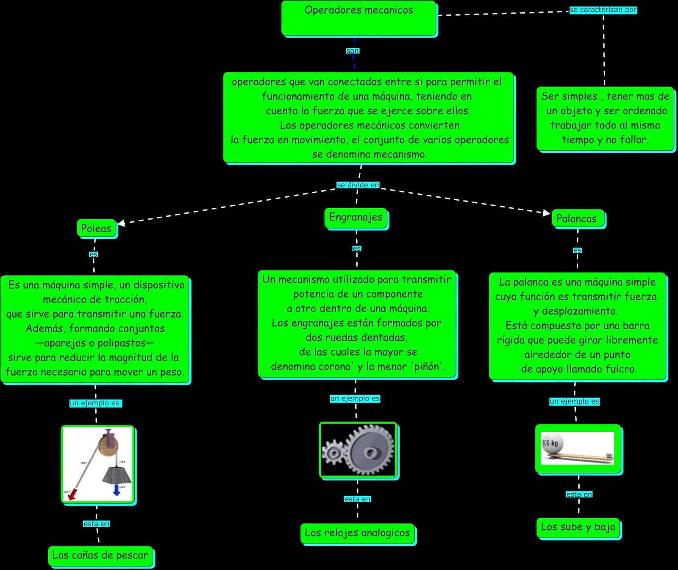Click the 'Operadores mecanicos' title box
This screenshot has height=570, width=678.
click(x=359, y=18)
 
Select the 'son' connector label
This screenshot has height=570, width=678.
click(x=352, y=51)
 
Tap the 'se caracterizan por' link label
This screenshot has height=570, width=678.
click(x=603, y=10)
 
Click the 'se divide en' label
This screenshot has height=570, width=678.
click(x=358, y=185)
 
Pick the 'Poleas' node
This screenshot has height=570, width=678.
click(x=97, y=228)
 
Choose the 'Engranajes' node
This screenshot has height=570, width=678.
click(x=356, y=218)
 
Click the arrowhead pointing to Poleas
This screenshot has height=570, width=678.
click(x=121, y=223)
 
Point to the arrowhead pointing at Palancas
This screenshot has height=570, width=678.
click(x=546, y=212)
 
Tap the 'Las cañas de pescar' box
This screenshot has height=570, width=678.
click(x=100, y=556)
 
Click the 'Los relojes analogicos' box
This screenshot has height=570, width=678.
click(x=358, y=533)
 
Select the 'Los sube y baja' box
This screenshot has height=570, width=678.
click(x=578, y=527)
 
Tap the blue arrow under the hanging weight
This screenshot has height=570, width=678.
click(x=117, y=490)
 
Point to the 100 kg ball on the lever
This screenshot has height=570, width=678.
click(x=552, y=444)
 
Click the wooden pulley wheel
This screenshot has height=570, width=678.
click(x=108, y=447)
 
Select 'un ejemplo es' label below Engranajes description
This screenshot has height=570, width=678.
click(x=355, y=399)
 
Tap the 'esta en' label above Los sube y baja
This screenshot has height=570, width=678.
click(x=579, y=495)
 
